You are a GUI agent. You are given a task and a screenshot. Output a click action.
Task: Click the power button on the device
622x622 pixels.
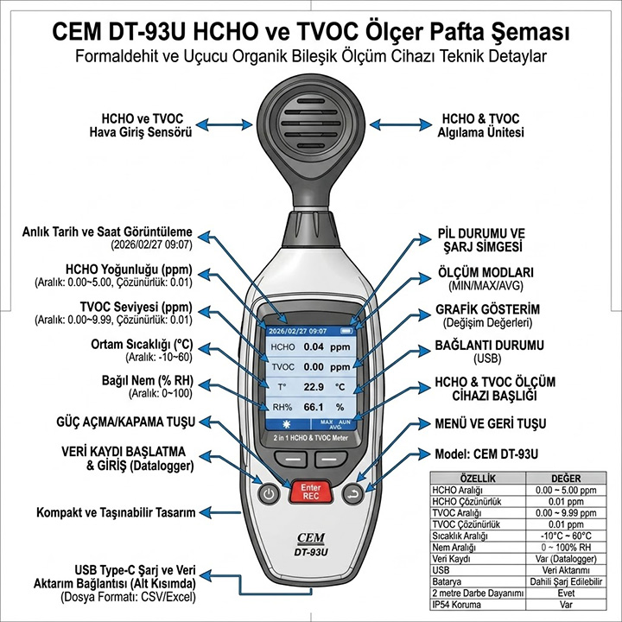(269, 494)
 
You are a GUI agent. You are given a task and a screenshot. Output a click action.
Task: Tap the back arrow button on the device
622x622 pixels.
(352, 494)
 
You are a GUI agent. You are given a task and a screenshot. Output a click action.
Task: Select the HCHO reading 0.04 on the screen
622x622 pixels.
(314, 346)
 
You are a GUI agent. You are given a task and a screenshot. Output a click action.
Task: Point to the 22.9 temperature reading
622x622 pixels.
(314, 387)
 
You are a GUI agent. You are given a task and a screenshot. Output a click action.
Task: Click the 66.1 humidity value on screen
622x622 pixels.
(314, 407)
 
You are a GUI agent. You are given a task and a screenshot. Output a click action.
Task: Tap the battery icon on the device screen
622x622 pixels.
(346, 331)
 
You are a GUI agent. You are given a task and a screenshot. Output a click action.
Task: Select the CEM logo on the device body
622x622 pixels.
(311, 538)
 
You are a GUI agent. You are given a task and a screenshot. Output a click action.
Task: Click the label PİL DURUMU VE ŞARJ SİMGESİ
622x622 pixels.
(482, 240)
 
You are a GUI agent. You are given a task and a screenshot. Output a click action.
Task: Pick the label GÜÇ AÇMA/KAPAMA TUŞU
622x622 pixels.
(126, 422)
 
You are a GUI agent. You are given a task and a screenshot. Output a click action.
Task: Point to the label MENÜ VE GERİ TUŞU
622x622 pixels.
(491, 423)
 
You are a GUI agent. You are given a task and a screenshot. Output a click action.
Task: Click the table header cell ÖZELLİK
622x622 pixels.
(478, 479)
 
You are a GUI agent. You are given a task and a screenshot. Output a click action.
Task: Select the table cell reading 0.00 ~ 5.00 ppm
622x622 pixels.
(566, 491)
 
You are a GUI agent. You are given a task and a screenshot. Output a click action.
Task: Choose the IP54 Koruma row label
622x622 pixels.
(456, 605)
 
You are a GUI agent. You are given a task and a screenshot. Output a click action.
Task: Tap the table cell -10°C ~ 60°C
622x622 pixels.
(566, 536)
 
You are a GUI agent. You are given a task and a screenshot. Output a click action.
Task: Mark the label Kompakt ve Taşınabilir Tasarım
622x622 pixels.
(116, 512)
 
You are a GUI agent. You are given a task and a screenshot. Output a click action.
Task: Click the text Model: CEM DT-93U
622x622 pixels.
(486, 454)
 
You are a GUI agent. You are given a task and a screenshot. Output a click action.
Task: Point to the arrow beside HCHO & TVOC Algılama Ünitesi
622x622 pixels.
(401, 124)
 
